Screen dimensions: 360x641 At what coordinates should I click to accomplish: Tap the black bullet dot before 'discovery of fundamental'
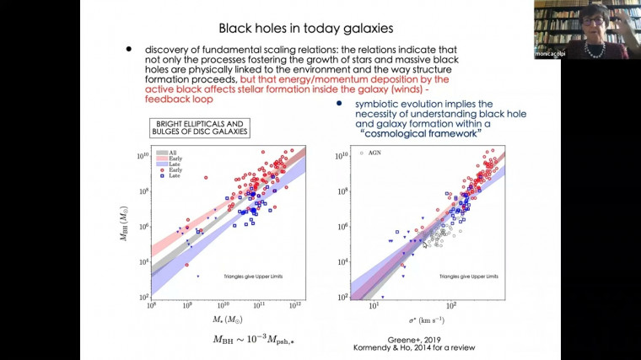point(128,50)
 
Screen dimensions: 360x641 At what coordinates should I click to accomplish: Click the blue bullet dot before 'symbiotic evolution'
point(338,103)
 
